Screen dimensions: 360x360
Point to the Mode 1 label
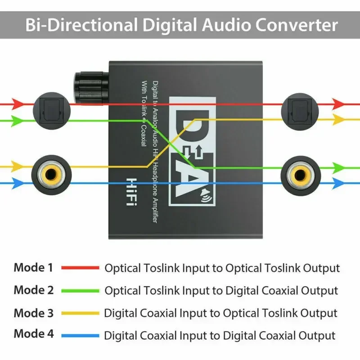33,268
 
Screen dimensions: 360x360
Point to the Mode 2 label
33,290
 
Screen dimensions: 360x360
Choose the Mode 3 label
33,313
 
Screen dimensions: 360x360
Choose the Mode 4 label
33,334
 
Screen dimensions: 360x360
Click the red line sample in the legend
80,268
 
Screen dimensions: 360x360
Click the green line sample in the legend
80,290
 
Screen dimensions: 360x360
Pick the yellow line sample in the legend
80,313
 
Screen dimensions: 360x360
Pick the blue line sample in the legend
80,335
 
